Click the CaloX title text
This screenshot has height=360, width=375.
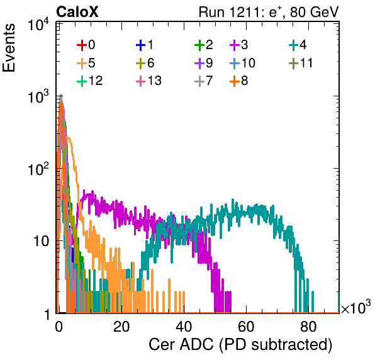coord(77,12)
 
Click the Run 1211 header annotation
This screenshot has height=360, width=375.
coord(269,12)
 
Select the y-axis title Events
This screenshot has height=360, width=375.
coord(9,48)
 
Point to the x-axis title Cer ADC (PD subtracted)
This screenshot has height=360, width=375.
coord(240,345)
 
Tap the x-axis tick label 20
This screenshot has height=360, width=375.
coord(121,327)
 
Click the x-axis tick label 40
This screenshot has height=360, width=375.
coord(184,327)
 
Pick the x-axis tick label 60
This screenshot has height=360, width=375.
coord(246,327)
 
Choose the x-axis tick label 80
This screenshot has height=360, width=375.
coord(308,327)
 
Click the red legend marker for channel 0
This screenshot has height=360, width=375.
coord(82,45)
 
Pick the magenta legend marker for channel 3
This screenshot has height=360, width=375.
coord(235,45)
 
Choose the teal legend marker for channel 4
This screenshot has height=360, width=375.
coord(293,45)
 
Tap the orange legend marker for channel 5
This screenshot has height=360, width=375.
coord(82,64)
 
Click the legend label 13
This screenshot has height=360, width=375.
coord(155,81)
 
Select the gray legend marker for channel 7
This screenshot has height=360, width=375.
coord(199,81)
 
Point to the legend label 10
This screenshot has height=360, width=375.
coord(249,63)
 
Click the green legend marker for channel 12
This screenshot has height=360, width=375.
coord(82,81)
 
